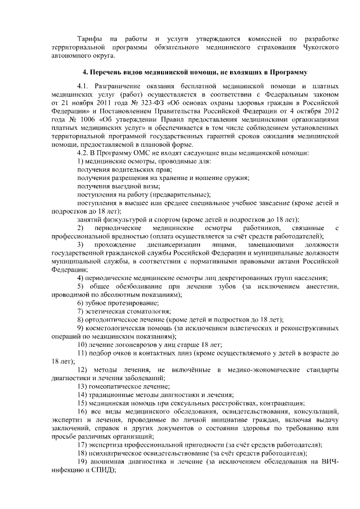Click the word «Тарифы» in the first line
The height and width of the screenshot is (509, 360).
tap(89, 38)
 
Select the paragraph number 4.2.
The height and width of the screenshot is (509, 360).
tap(83, 152)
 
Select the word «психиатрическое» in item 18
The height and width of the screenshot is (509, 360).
tap(115, 453)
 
